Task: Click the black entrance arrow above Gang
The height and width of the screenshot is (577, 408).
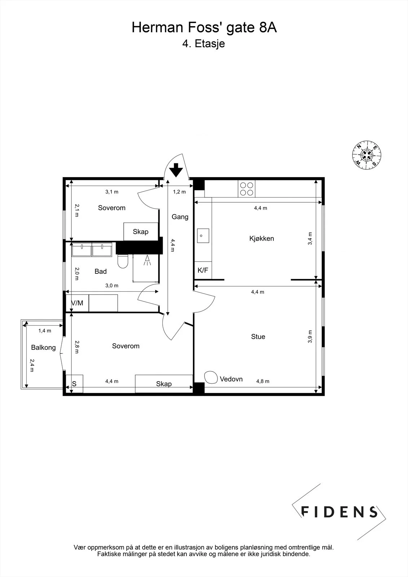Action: click(x=176, y=170)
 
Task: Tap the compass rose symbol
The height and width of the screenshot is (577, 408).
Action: click(x=367, y=155)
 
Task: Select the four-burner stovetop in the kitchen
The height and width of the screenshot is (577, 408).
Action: click(x=246, y=189)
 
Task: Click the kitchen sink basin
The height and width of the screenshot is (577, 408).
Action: click(x=203, y=235)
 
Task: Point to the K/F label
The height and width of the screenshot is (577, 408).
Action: click(x=203, y=270)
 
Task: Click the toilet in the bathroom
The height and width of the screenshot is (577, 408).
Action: click(x=123, y=261)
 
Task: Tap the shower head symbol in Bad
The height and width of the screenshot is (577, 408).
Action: click(x=147, y=260)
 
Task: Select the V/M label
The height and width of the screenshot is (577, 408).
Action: click(x=77, y=303)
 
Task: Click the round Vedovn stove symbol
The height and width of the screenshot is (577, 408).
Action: click(x=211, y=377)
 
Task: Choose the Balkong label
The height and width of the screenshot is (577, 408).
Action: click(x=43, y=348)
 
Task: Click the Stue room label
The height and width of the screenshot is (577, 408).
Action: click(x=258, y=336)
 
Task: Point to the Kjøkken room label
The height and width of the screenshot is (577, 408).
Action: click(x=262, y=238)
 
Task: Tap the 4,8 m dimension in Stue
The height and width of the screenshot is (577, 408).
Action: click(x=263, y=381)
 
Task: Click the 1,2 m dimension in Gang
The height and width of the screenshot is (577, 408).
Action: click(x=179, y=191)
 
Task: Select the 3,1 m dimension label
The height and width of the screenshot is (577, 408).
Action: click(x=112, y=191)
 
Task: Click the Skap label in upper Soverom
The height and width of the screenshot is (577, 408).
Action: click(x=140, y=232)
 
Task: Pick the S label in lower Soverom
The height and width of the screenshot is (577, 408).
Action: click(x=74, y=384)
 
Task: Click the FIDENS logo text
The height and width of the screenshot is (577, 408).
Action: click(x=339, y=512)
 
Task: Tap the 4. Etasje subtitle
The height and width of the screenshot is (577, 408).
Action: click(x=203, y=44)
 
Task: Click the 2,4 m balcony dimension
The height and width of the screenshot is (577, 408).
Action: click(x=32, y=366)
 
